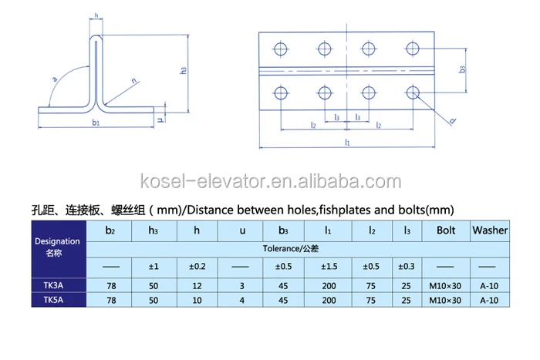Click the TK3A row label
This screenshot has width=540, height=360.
[53, 285]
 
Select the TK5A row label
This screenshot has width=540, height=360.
[53, 300]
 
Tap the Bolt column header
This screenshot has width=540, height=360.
[446, 230]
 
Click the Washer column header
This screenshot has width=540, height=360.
[490, 230]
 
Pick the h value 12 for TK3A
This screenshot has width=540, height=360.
[197, 286]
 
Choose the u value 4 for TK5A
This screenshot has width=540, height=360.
[241, 301]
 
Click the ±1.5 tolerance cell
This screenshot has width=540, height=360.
[329, 267]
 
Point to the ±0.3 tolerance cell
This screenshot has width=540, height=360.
[407, 267]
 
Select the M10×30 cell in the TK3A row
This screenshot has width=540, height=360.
[445, 286]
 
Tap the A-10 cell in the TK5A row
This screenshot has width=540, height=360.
[489, 301]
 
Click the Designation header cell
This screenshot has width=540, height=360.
[57, 247]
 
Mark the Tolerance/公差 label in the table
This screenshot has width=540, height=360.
[291, 248]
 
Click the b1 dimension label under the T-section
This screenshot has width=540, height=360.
[96, 122]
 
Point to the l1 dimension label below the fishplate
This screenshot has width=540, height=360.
[347, 142]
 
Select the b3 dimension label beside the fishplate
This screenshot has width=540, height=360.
[462, 69]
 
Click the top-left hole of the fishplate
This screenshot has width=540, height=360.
[281, 49]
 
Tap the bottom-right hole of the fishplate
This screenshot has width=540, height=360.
[413, 93]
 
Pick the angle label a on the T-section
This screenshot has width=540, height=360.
[55, 79]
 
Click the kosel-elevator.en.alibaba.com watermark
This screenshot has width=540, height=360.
[271, 181]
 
